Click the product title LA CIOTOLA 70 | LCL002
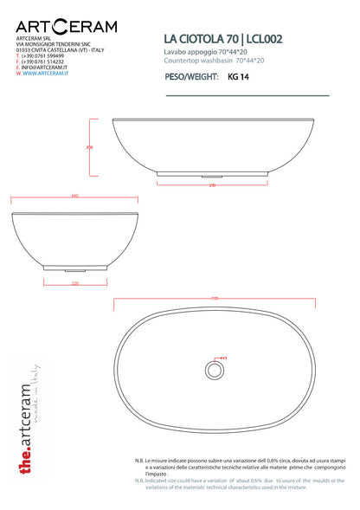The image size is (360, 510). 222,39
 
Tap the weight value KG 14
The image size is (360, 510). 237,76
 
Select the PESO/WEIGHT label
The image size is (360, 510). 191,76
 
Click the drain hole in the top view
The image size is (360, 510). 214,370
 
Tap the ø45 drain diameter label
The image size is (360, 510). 223,358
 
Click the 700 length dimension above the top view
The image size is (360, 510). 214,300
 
